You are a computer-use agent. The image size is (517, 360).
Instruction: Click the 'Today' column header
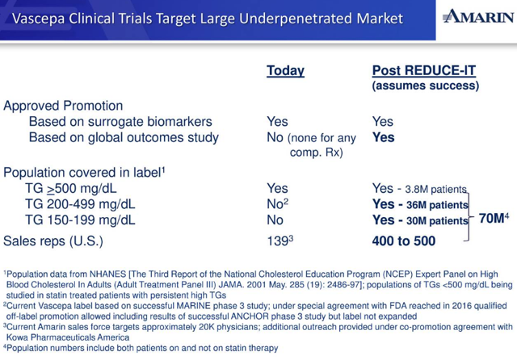pos(285,71)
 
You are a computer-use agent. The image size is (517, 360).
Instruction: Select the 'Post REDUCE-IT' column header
pos(423,71)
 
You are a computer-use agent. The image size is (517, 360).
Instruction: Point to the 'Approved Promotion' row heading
pos(63,106)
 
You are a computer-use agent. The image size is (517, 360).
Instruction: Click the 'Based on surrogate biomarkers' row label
pos(120,122)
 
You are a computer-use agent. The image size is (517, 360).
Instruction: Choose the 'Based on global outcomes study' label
pos(124,138)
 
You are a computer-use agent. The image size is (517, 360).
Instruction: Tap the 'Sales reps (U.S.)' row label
pos(56,241)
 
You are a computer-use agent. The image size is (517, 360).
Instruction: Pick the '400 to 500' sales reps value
pos(403,241)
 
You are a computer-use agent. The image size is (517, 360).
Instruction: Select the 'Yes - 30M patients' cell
pos(419,220)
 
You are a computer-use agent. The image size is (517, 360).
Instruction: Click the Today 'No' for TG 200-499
pos(275,204)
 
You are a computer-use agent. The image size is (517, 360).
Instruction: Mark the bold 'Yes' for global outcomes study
pos(383,138)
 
